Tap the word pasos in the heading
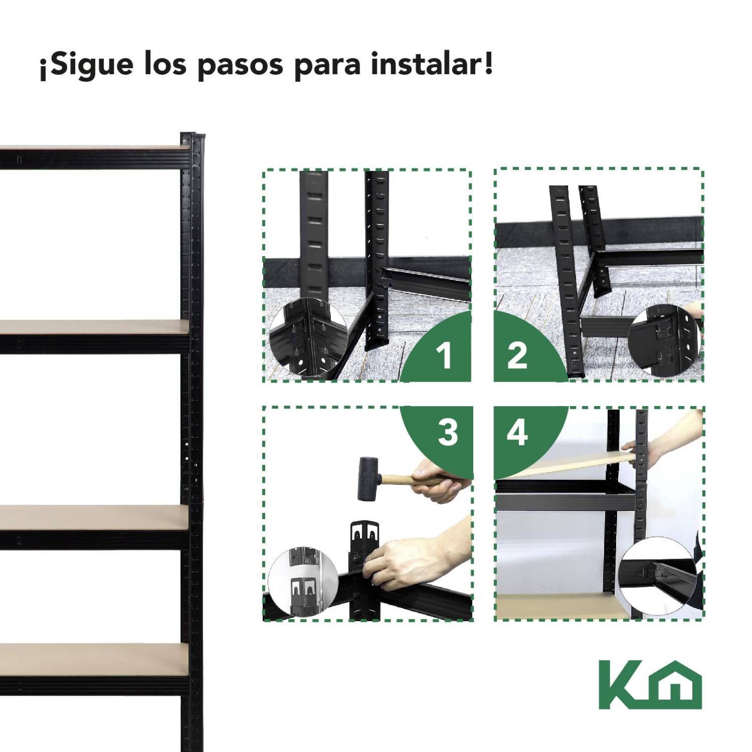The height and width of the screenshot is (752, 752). (x=240, y=66)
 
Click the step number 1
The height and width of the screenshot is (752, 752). (x=444, y=355)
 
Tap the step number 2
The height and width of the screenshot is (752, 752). (x=517, y=355)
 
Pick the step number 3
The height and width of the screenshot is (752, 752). (x=447, y=432)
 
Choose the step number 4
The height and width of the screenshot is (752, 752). (x=517, y=432)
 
